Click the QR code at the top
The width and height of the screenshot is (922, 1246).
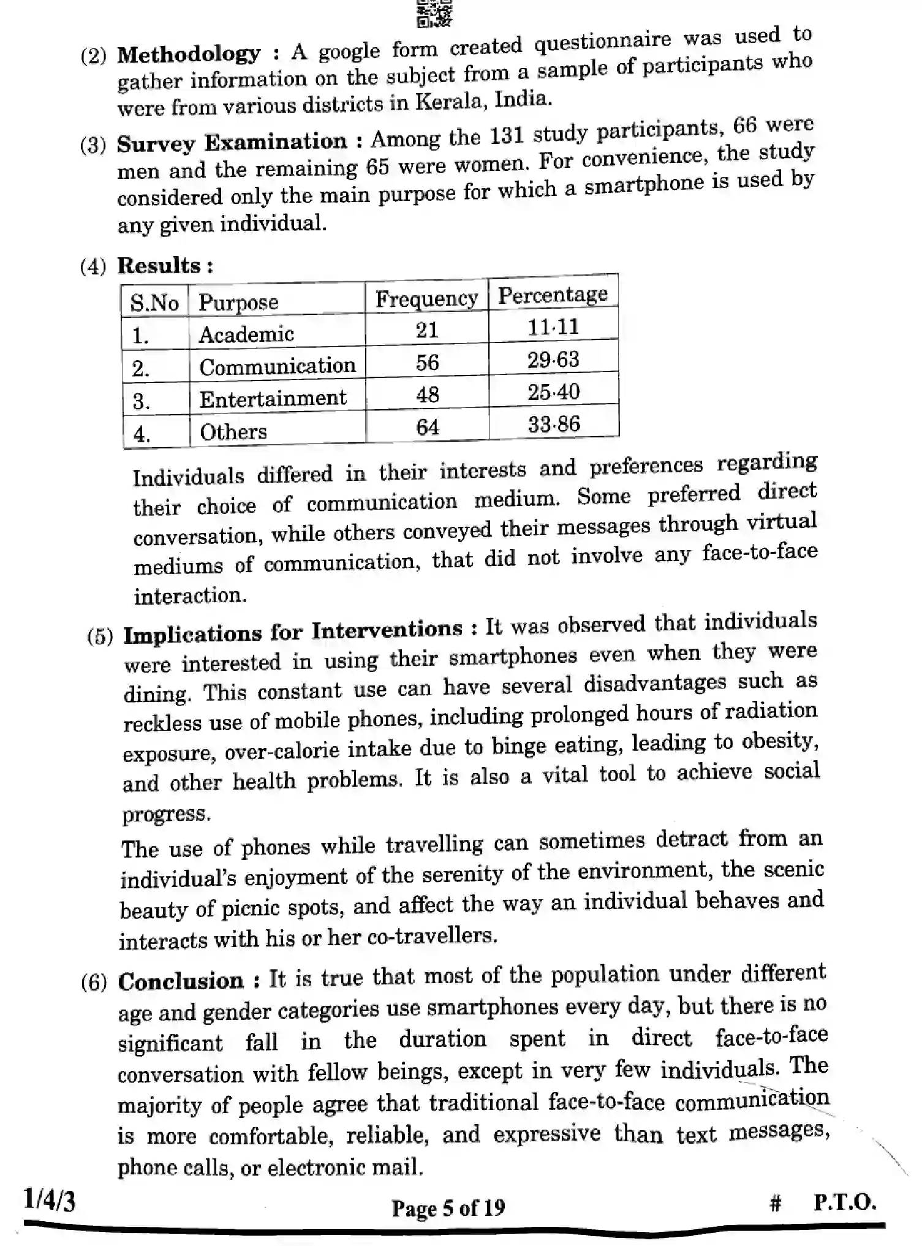[434, 13]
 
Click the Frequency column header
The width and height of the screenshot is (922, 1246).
[426, 298]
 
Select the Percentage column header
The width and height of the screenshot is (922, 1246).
[553, 295]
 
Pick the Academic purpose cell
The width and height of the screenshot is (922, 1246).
[246, 334]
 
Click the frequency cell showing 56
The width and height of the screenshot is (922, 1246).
[427, 362]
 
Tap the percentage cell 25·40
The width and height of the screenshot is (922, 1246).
[553, 392]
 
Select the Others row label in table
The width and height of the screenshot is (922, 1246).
[233, 432]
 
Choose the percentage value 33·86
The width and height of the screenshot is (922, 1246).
[554, 425]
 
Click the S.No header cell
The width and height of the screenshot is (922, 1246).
[154, 303]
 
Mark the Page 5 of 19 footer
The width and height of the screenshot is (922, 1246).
[448, 1207]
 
